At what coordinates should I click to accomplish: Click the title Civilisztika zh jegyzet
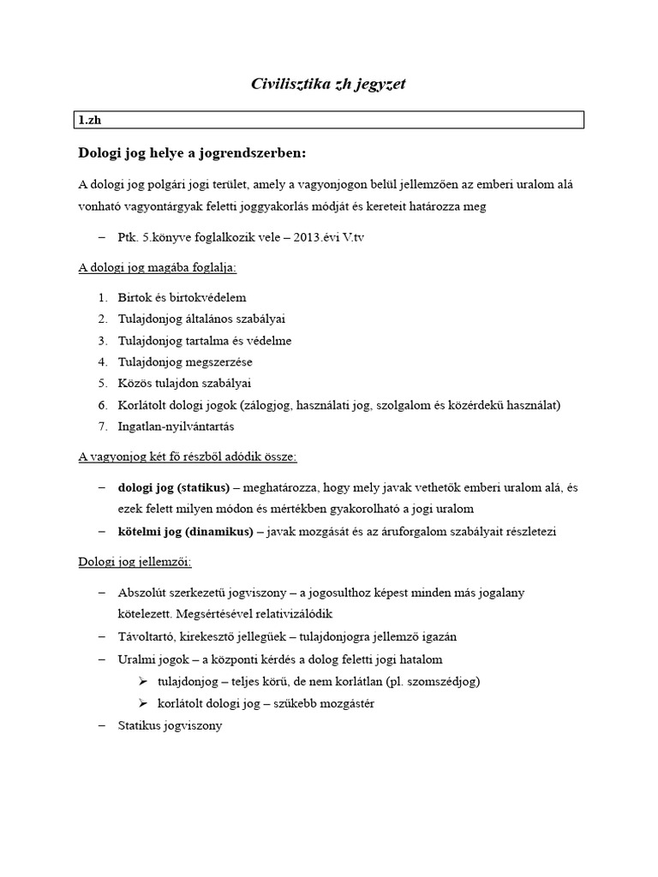click(x=329, y=83)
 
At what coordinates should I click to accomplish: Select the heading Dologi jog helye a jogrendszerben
click(x=192, y=153)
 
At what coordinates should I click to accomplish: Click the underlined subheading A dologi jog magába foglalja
click(x=158, y=267)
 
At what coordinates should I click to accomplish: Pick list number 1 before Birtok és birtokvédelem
click(x=102, y=297)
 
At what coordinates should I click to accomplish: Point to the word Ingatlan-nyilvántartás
click(x=176, y=426)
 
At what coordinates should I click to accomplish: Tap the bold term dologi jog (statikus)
click(x=174, y=487)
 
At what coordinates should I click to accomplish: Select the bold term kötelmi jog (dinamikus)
click(x=185, y=531)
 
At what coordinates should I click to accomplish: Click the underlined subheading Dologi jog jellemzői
click(x=135, y=562)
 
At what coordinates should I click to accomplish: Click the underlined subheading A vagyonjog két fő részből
click(x=188, y=457)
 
